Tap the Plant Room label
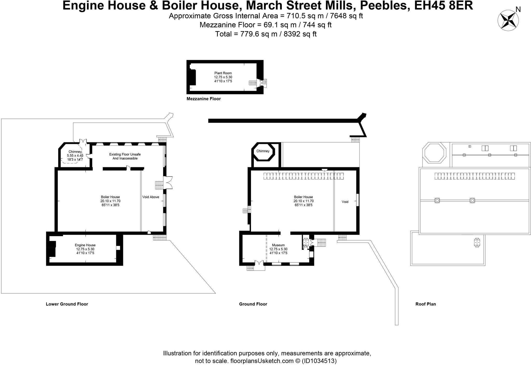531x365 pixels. click(223, 73)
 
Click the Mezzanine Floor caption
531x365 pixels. click(204, 99)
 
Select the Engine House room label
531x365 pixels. click(85, 245)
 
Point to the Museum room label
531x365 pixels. click(278, 245)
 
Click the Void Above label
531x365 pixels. click(151, 197)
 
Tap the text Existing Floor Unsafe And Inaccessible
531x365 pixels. click(125, 156)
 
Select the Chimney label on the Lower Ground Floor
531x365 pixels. click(75, 152)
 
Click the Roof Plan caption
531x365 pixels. click(425, 304)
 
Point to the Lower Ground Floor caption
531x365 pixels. click(67, 304)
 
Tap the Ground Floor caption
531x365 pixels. click(253, 304)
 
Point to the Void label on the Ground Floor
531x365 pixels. click(345, 202)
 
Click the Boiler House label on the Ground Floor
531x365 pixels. click(303, 197)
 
